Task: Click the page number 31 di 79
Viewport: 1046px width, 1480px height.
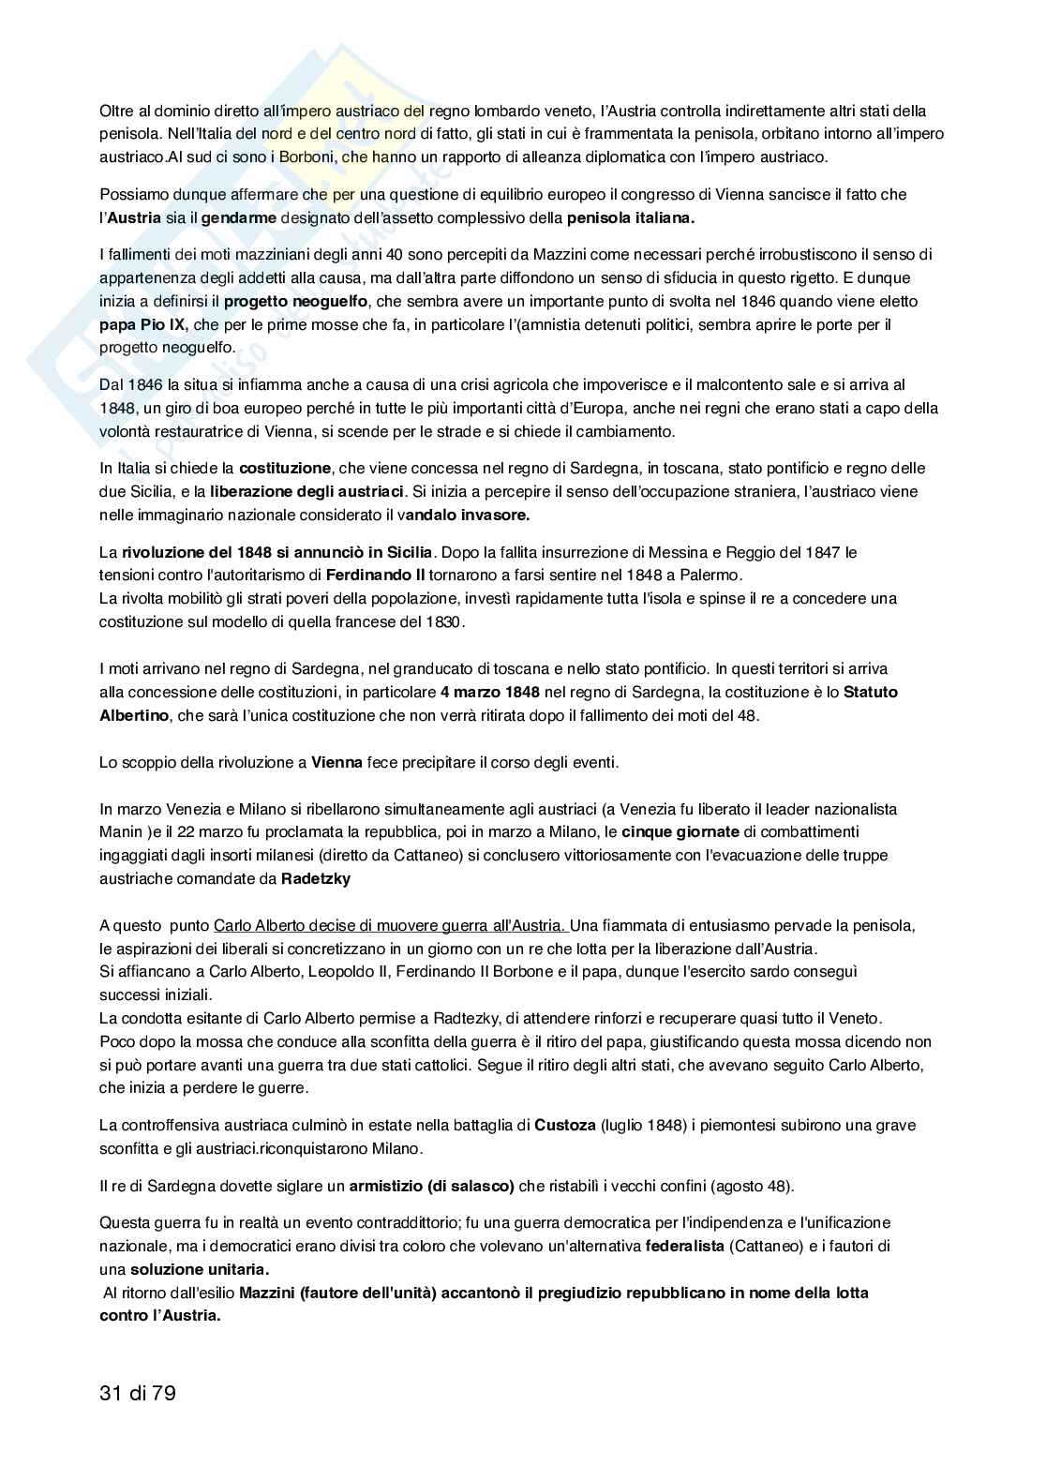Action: point(138,1394)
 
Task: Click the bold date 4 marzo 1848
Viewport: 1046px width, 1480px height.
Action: point(489,693)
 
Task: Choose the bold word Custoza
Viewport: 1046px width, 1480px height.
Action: point(564,1125)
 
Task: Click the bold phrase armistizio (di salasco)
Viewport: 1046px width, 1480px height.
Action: point(431,1186)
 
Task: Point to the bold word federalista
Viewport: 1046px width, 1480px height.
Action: point(684,1246)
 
